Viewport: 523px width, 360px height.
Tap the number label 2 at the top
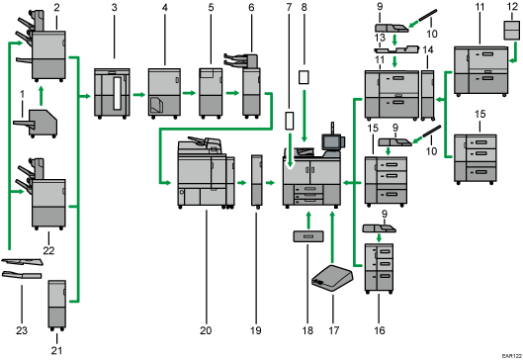[x=57, y=7]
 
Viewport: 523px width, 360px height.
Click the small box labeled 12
[x=511, y=32]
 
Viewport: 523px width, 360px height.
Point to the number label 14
[x=427, y=48]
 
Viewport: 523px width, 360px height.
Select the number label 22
[x=49, y=235]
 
